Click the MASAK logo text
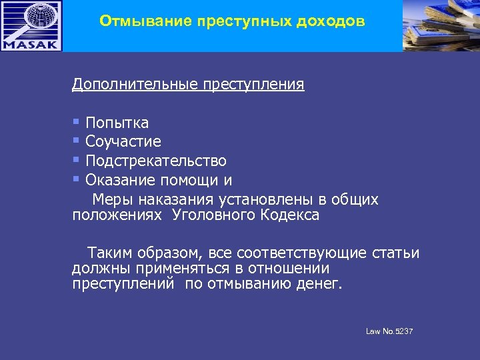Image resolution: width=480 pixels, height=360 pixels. [x=31, y=44]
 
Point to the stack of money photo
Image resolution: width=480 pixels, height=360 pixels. [x=441, y=25]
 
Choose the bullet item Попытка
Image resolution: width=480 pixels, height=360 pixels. [x=117, y=123]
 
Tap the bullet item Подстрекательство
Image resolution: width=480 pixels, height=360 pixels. [x=156, y=161]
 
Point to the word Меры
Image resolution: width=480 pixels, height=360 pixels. [x=109, y=200]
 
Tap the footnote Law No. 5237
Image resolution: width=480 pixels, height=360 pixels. [x=389, y=331]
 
